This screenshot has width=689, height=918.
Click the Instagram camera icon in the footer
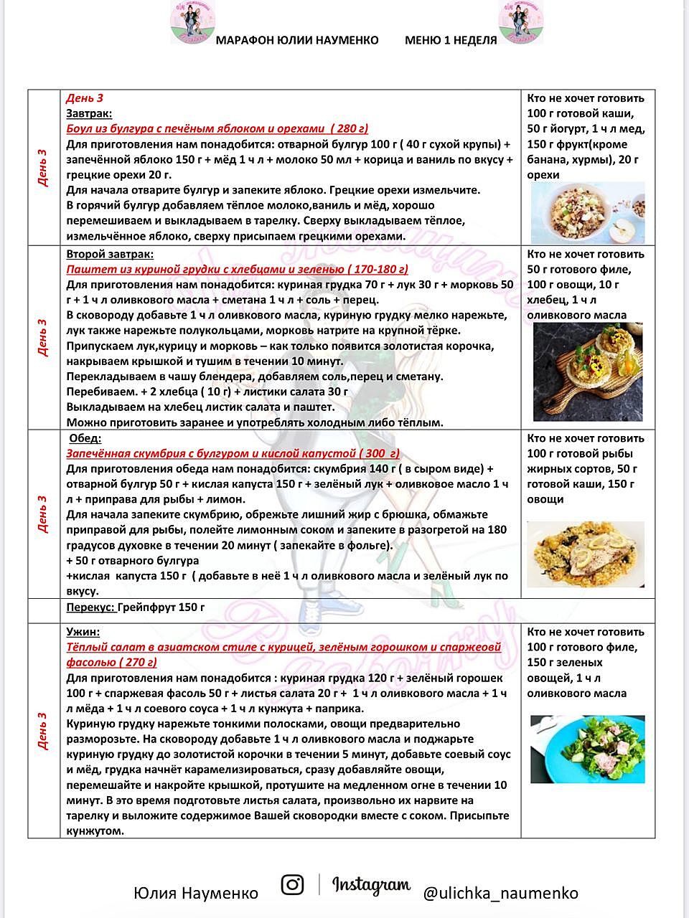(x=292, y=885)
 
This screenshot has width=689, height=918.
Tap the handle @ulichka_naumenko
(x=500, y=893)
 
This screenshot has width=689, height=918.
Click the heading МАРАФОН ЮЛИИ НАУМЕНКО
(x=297, y=40)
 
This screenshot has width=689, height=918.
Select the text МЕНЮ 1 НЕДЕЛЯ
(x=451, y=40)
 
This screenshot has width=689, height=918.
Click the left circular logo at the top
(x=192, y=22)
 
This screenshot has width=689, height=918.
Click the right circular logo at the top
(x=520, y=22)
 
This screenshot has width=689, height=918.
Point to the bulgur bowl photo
(x=586, y=212)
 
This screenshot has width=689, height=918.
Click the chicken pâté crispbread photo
(x=587, y=372)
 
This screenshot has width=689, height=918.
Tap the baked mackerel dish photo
(x=585, y=554)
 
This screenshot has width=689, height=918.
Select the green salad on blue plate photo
(x=587, y=749)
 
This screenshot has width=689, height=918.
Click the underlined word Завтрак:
(x=89, y=113)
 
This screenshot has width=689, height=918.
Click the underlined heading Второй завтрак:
(x=110, y=254)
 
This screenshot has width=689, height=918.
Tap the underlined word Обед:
(x=85, y=438)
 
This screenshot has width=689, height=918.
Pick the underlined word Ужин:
(x=83, y=632)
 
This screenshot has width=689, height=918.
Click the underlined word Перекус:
(x=90, y=607)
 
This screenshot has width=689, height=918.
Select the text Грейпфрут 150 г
(x=161, y=607)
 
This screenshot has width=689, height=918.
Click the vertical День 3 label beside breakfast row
(x=43, y=168)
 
